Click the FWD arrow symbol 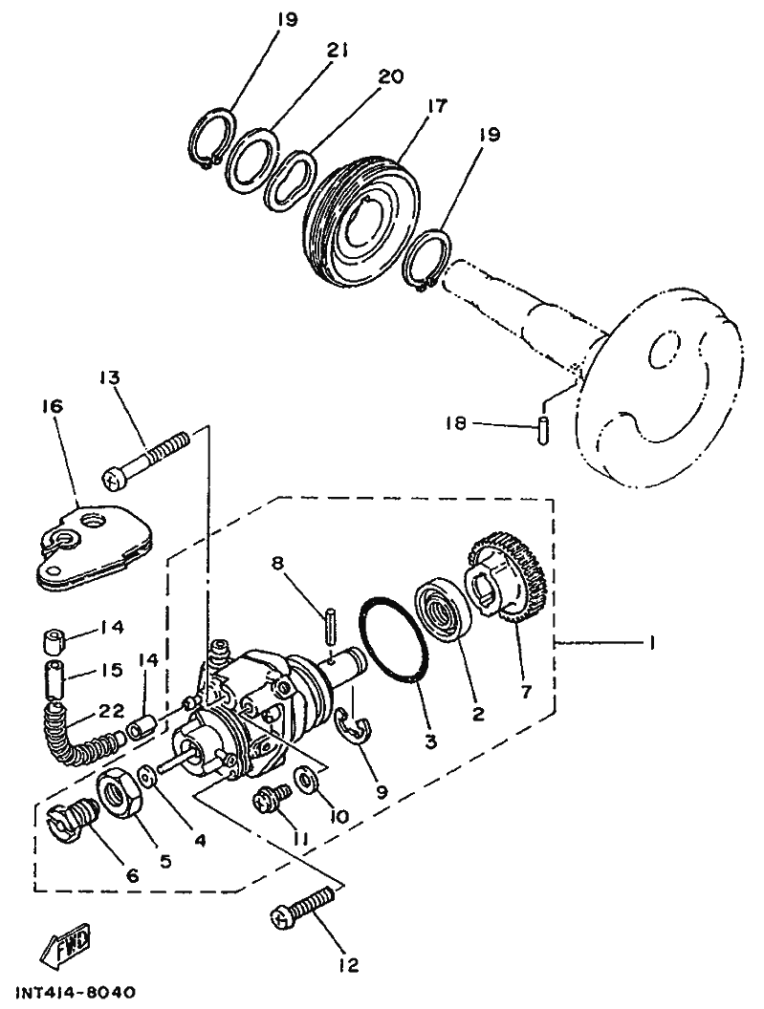click(66, 948)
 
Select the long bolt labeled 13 click(148, 457)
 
